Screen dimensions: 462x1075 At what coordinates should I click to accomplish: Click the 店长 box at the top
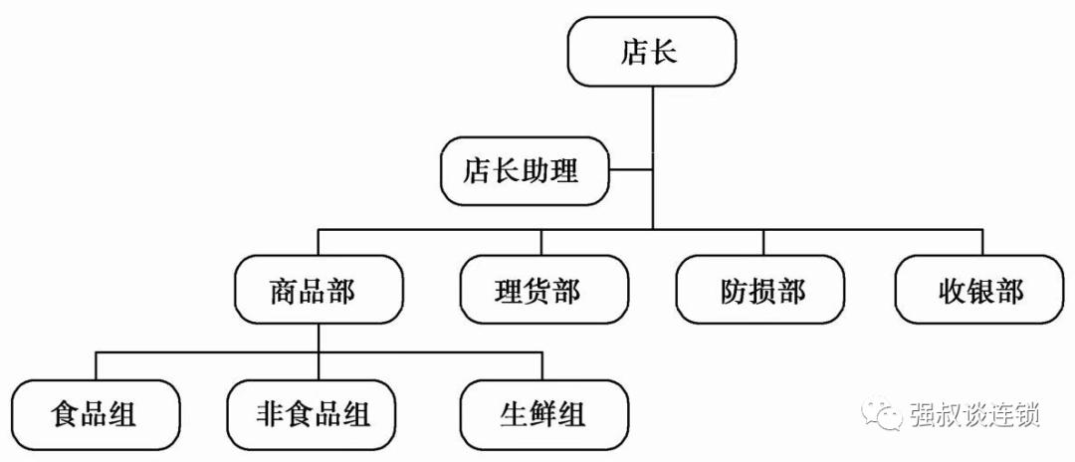pyautogui.click(x=652, y=52)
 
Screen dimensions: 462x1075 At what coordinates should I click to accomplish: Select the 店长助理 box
pyautogui.click(x=525, y=170)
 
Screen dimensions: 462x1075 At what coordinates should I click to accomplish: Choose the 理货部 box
pyautogui.click(x=543, y=290)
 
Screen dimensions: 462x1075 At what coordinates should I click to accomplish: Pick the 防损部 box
pyautogui.click(x=761, y=290)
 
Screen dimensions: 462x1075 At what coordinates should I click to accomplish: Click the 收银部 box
pyautogui.click(x=979, y=290)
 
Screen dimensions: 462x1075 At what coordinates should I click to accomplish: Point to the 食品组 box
pyautogui.click(x=97, y=412)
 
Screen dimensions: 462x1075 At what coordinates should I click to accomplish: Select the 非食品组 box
pyautogui.click(x=312, y=412)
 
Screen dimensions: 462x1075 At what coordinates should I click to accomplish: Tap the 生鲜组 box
pyautogui.click(x=544, y=412)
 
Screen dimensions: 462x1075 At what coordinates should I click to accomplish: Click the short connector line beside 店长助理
pyautogui.click(x=630, y=169)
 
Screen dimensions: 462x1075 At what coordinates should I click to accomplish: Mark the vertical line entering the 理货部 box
pyautogui.click(x=542, y=242)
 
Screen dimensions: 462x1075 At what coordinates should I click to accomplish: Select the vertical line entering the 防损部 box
pyautogui.click(x=763, y=242)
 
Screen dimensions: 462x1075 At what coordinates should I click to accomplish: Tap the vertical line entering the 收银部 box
pyautogui.click(x=981, y=242)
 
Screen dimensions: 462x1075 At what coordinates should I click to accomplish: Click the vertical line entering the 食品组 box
pyautogui.click(x=97, y=365)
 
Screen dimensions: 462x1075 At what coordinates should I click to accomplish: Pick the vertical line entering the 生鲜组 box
pyautogui.click(x=543, y=365)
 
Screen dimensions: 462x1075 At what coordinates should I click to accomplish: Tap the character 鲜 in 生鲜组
pyautogui.click(x=544, y=412)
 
